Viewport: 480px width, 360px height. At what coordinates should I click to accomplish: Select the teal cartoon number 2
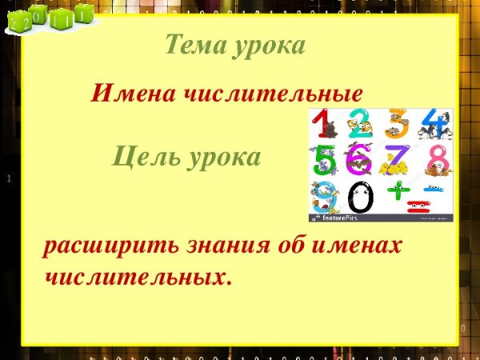(x=360, y=124)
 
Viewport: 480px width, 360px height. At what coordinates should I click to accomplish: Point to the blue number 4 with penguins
(x=433, y=123)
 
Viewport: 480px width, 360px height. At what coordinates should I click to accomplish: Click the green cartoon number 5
(x=324, y=159)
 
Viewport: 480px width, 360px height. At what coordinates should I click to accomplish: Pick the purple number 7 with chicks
(x=396, y=158)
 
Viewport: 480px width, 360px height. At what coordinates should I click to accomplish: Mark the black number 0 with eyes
(x=361, y=197)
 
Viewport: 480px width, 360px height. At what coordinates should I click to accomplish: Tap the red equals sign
(x=416, y=208)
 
